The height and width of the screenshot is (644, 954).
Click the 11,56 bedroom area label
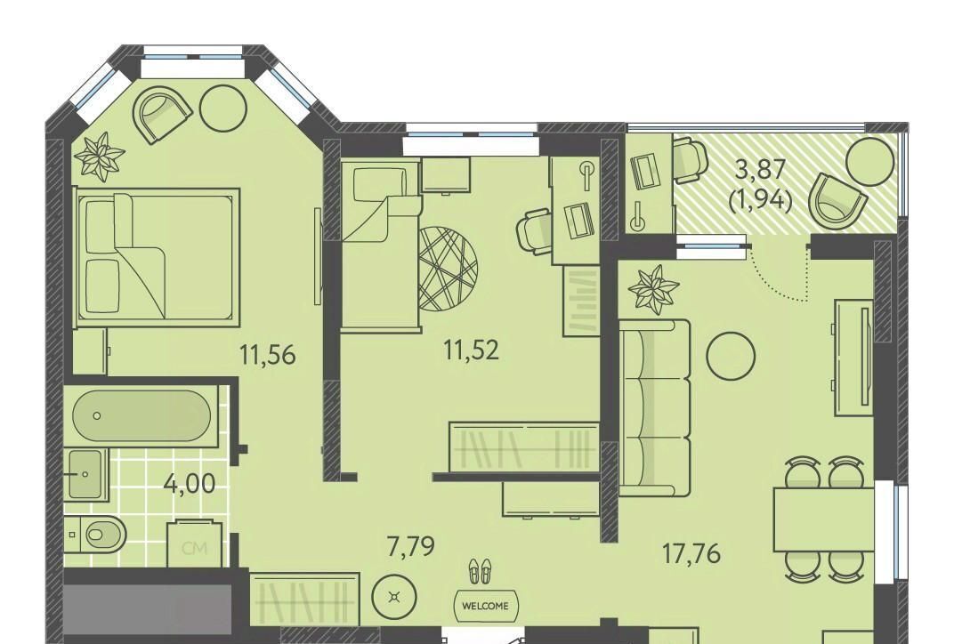(x=268, y=354)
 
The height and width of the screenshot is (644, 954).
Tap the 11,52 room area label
(x=472, y=350)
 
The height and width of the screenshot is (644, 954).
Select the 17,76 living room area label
(x=691, y=553)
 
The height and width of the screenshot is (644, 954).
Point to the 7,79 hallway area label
(x=411, y=545)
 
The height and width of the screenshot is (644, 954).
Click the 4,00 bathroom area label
(x=190, y=484)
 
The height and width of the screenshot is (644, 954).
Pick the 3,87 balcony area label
(x=761, y=169)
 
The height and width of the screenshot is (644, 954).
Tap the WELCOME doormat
(x=485, y=606)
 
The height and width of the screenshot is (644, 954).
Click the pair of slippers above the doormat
(x=480, y=572)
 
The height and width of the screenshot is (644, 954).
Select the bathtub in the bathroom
(x=141, y=415)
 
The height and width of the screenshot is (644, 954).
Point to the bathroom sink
(x=86, y=474)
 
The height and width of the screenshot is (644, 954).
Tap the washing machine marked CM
(x=195, y=544)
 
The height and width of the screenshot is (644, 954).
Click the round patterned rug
(x=449, y=269)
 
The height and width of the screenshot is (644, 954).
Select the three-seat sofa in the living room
(x=655, y=407)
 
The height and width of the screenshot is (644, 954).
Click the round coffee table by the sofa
(x=731, y=356)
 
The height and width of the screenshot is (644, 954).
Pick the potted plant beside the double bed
(x=99, y=157)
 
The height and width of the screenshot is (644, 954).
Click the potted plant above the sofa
(x=653, y=289)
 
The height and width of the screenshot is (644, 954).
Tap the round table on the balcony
(x=870, y=161)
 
